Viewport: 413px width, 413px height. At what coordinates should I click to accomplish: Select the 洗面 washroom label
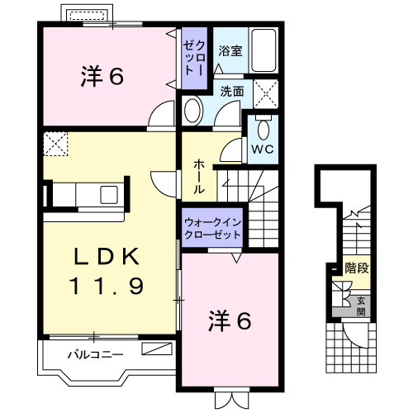pyautogui.click(x=231, y=92)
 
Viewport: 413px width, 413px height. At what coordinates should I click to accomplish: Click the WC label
pyautogui.click(x=263, y=150)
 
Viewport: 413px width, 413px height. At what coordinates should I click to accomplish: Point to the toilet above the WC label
pyautogui.click(x=263, y=128)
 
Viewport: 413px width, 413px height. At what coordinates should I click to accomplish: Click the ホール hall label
pyautogui.click(x=199, y=176)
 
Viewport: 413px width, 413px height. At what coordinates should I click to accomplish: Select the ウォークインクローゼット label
pyautogui.click(x=212, y=228)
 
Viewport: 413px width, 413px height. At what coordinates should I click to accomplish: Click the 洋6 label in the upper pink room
pyautogui.click(x=102, y=77)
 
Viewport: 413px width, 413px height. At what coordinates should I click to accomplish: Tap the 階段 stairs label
pyautogui.click(x=357, y=268)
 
